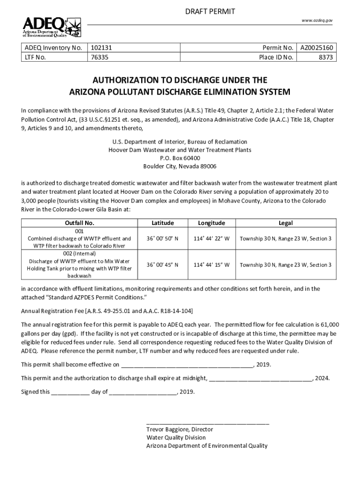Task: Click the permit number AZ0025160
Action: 317,48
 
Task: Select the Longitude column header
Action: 211,223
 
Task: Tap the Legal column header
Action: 285,223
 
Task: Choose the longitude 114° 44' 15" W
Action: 211,265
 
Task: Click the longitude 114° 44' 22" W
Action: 211,239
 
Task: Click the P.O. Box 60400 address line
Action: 180,158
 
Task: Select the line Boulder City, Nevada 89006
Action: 180,167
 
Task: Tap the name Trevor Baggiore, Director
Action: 180,429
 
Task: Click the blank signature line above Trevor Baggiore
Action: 208,422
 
